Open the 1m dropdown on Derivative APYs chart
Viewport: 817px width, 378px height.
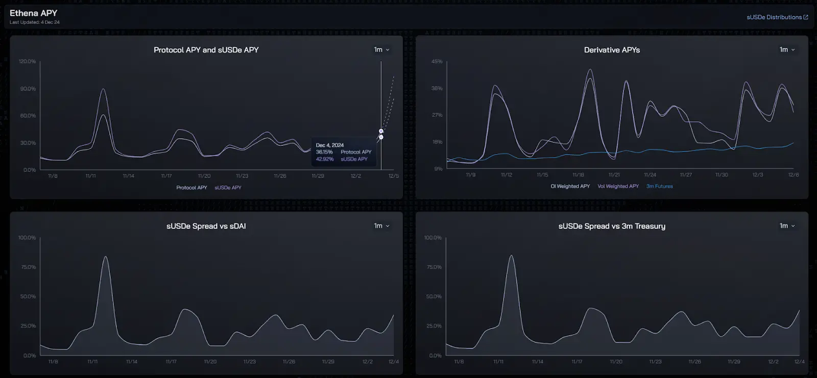[x=787, y=49]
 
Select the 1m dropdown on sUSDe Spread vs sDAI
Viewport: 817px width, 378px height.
[x=381, y=226]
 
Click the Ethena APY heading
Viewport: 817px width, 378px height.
[x=34, y=13]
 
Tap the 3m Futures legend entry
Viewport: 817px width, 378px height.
[x=659, y=187]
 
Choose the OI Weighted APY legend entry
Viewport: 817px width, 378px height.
[x=570, y=187]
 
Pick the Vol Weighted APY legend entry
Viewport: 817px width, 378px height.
[x=618, y=187]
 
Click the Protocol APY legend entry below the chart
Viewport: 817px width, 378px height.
[x=191, y=188]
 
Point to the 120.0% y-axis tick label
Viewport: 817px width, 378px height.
[x=27, y=62]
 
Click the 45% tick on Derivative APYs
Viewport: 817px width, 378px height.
[x=437, y=62]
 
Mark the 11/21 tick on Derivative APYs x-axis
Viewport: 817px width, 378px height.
[x=614, y=175]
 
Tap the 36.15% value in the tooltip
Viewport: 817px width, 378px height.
[x=324, y=152]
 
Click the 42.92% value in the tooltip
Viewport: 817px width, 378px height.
[x=324, y=159]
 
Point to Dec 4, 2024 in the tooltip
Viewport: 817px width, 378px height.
[x=330, y=145]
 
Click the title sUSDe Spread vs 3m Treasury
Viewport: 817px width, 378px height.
[x=612, y=226]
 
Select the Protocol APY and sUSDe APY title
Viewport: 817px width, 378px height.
[x=206, y=50]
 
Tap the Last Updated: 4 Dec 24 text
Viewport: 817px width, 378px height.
[x=35, y=22]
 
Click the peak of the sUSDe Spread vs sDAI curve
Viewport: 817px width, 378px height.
[x=105, y=257]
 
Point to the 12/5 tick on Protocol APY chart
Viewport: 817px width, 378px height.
[x=393, y=176]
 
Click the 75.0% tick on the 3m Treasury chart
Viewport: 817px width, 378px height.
[x=434, y=267]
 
